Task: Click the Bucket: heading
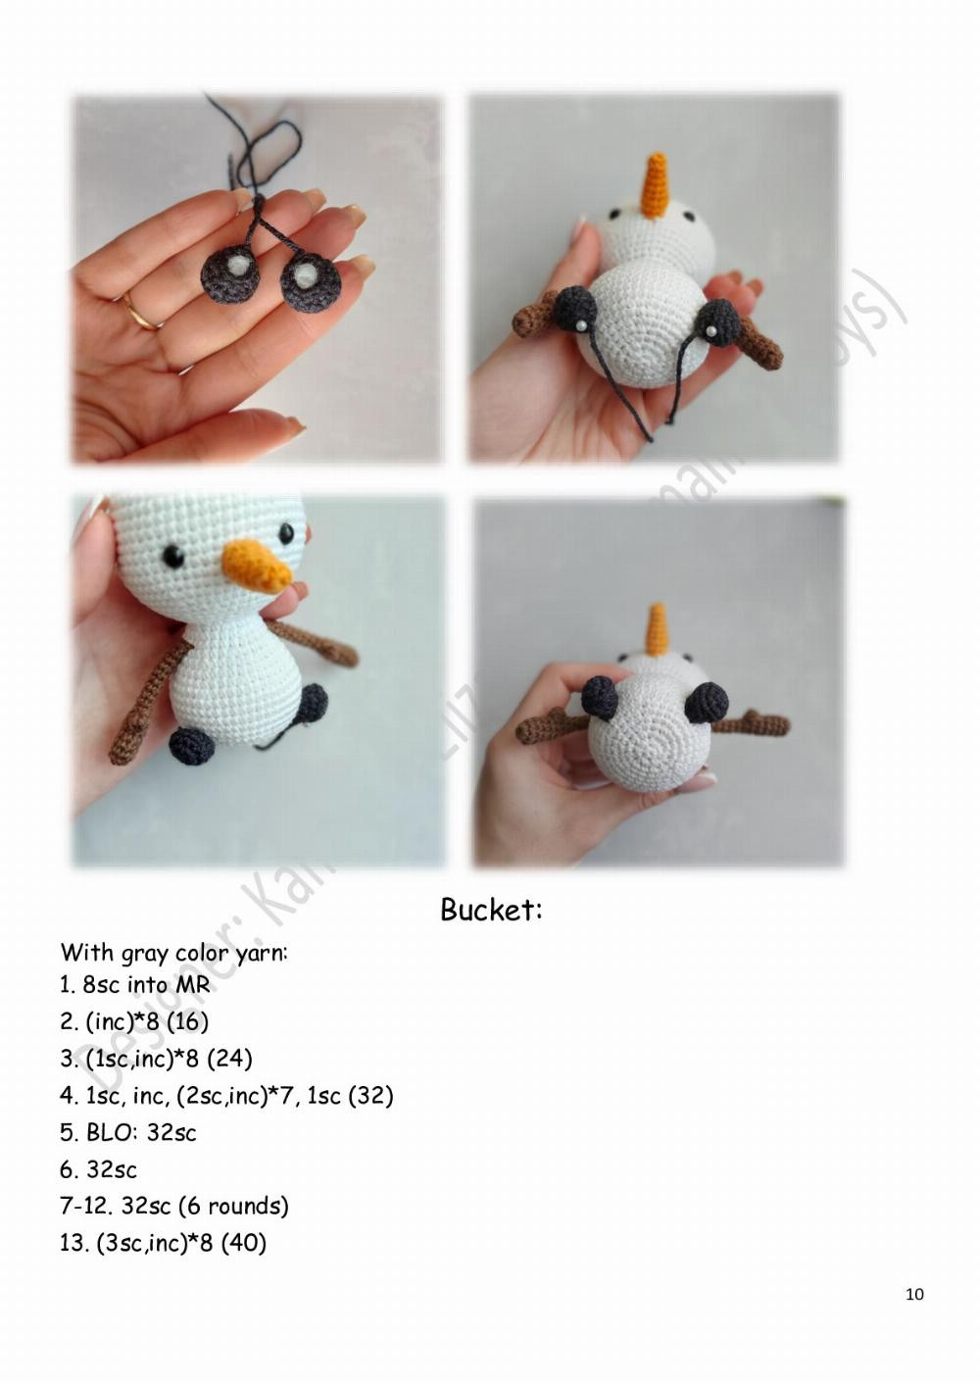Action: [491, 910]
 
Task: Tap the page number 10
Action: [913, 1295]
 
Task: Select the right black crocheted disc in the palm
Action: [310, 283]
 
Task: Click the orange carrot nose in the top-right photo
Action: [655, 185]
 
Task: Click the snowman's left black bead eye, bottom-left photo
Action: [173, 556]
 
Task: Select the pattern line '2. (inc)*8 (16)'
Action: [134, 1021]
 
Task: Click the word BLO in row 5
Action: [108, 1133]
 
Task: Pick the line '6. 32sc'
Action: [98, 1169]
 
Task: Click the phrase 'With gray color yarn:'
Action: [173, 953]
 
